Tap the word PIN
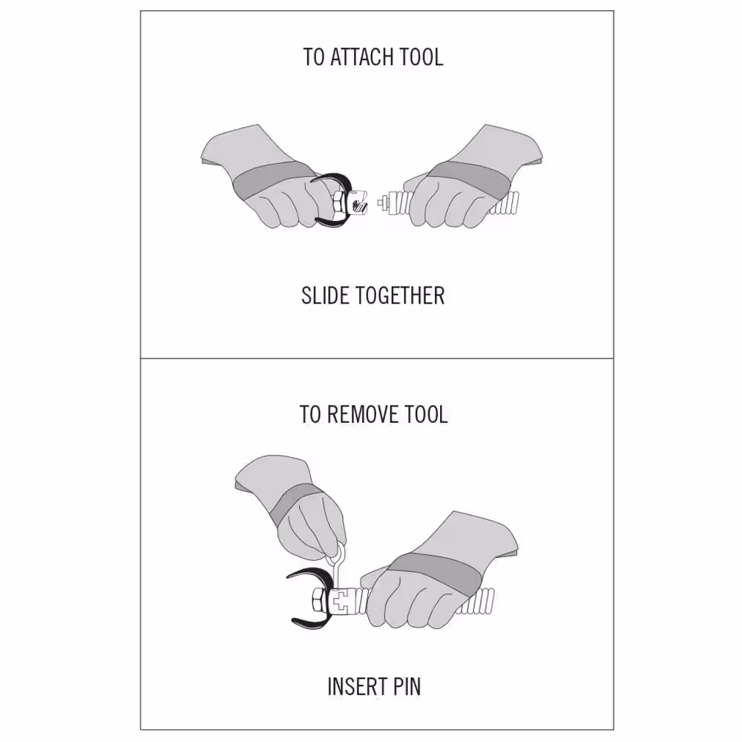(405, 686)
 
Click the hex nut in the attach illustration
(339, 204)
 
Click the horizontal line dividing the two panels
(377, 358)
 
